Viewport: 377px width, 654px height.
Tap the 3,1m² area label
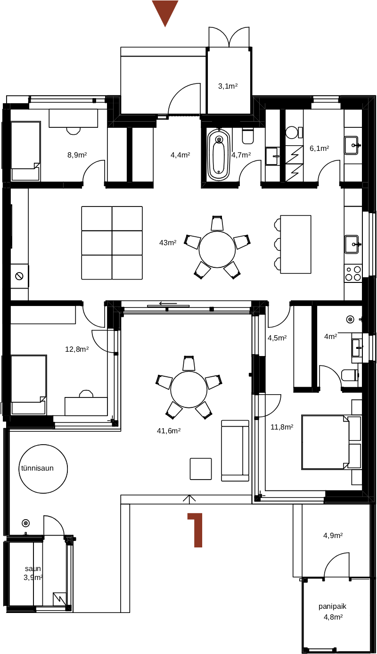(228, 86)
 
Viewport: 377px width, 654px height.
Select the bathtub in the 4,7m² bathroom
(218, 155)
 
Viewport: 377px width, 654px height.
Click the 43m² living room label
(168, 243)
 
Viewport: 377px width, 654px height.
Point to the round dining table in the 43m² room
(217, 249)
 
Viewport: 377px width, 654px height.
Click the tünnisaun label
(37, 468)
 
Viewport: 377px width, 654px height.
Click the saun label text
(33, 569)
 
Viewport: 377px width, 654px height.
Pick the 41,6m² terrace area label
(169, 430)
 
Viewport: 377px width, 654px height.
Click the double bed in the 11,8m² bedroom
(325, 442)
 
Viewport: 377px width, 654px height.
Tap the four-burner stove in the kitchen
(353, 273)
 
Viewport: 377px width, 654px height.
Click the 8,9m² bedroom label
(77, 155)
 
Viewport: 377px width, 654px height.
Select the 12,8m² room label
(77, 349)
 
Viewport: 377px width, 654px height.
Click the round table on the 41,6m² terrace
(189, 389)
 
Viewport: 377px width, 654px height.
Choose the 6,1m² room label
(320, 149)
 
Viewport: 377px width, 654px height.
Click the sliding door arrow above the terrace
(168, 304)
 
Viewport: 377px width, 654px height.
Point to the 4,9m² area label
(333, 535)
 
